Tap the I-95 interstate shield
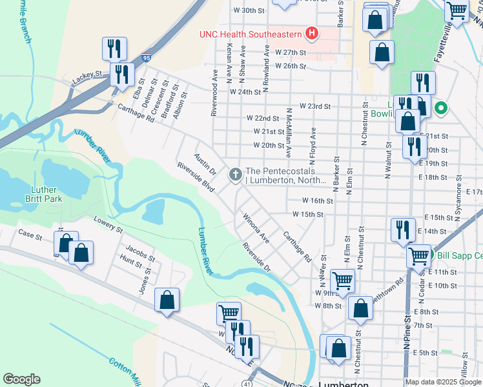(x=147, y=59)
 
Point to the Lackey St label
(x=88, y=75)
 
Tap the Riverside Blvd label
(x=196, y=175)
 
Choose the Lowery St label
(x=107, y=224)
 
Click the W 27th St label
(x=289, y=52)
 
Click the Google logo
(x=21, y=379)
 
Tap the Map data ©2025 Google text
(x=442, y=382)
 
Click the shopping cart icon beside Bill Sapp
(x=419, y=256)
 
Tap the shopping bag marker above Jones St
(x=167, y=299)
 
